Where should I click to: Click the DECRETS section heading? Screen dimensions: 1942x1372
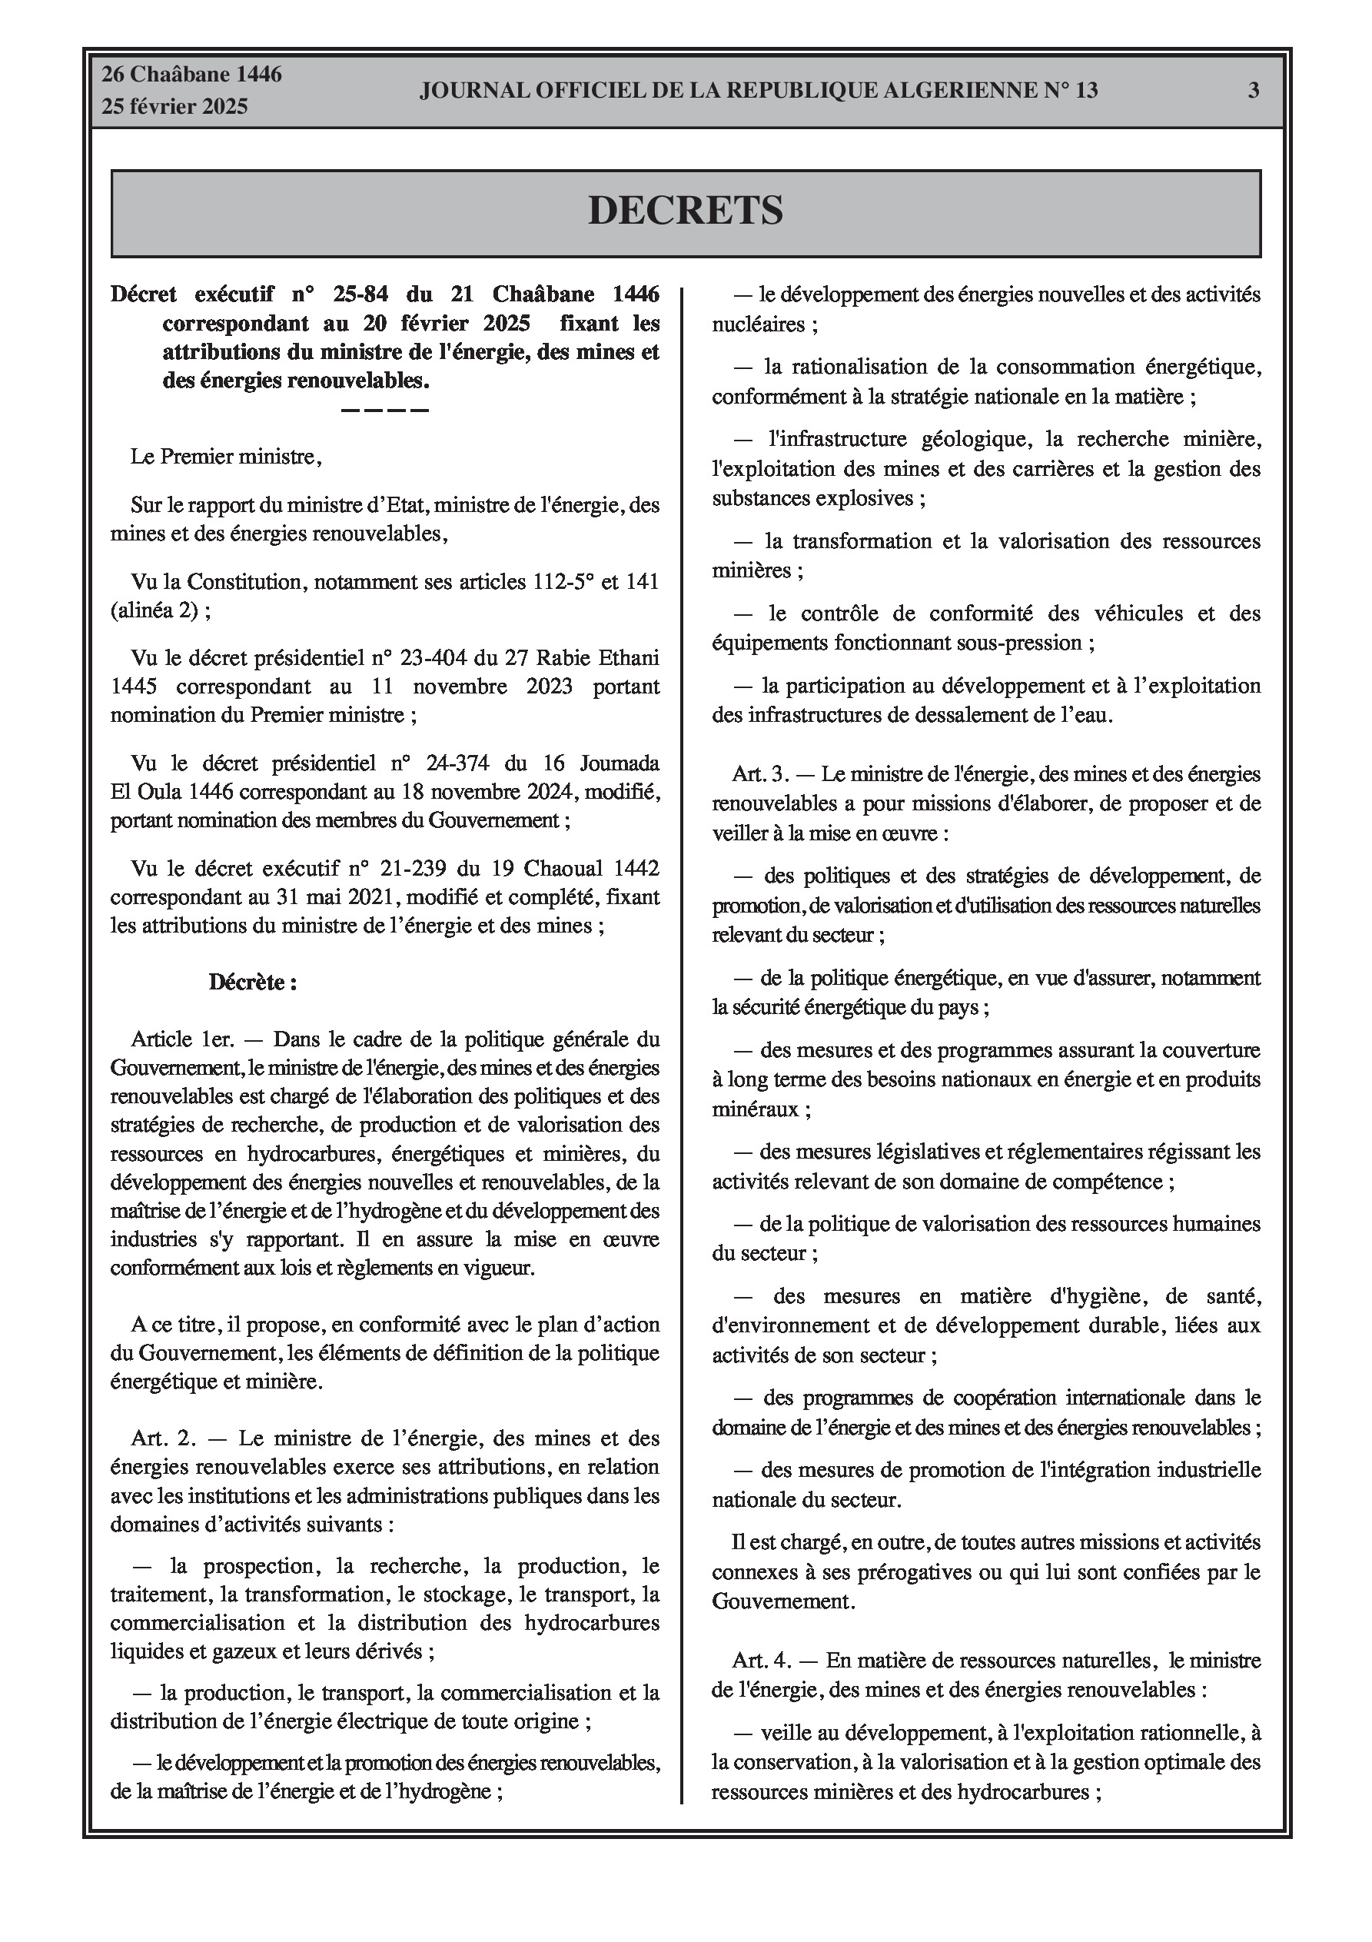(x=685, y=211)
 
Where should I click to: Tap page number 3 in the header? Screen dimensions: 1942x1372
(x=1253, y=91)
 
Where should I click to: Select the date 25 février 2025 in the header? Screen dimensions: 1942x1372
(x=175, y=107)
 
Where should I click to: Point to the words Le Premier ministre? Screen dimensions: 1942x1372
(x=226, y=457)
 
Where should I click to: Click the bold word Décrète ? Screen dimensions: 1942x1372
(x=253, y=982)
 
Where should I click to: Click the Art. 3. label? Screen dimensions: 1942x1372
(x=760, y=774)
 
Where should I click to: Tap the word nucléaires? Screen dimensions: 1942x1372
(x=758, y=324)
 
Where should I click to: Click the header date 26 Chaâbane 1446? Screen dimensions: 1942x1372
(x=192, y=75)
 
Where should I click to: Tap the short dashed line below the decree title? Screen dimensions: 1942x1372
(x=385, y=411)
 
